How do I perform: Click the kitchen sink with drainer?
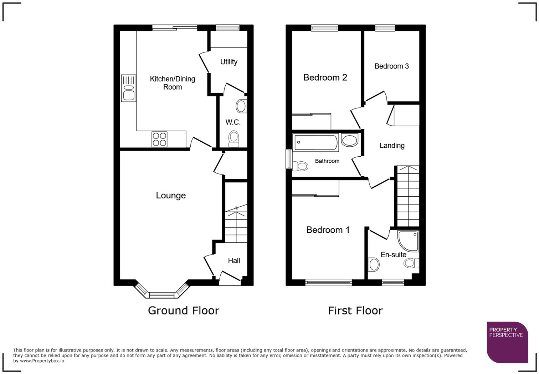click(x=128, y=88)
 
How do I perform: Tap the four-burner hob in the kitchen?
click(x=159, y=139)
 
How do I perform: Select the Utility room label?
click(x=229, y=62)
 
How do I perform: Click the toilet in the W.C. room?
click(x=233, y=138)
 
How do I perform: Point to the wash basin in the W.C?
click(x=241, y=106)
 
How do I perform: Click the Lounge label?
click(x=171, y=195)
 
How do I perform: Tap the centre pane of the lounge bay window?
click(x=161, y=295)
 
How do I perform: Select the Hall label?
click(x=234, y=261)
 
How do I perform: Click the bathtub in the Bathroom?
click(x=315, y=143)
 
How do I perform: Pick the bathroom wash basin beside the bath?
click(x=349, y=140)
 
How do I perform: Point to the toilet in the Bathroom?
click(x=300, y=166)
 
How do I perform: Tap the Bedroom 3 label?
click(x=391, y=66)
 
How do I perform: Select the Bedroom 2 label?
click(x=325, y=77)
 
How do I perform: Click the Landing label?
click(x=392, y=145)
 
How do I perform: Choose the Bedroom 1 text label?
click(x=328, y=230)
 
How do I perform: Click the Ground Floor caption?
click(x=183, y=310)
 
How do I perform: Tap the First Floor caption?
click(x=355, y=310)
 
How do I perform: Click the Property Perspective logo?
click(x=507, y=342)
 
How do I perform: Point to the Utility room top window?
click(x=228, y=27)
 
